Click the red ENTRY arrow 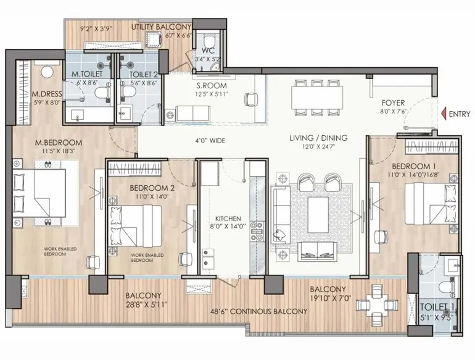coord(444,114)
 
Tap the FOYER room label coord(393,103)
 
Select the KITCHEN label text coord(228,219)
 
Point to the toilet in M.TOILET coord(101,93)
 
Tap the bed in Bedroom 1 coord(431,204)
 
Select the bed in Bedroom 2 coord(135,225)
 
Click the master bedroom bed coord(39,193)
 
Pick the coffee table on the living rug coord(318,214)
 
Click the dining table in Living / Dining coord(317,98)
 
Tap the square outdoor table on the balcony coord(376,305)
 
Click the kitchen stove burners coord(257,232)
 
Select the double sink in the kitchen coord(208,257)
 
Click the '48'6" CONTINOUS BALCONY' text coord(259,311)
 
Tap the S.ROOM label coord(211,86)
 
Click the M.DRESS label coord(47,94)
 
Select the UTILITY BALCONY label coord(161,27)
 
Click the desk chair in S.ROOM coord(251,99)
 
